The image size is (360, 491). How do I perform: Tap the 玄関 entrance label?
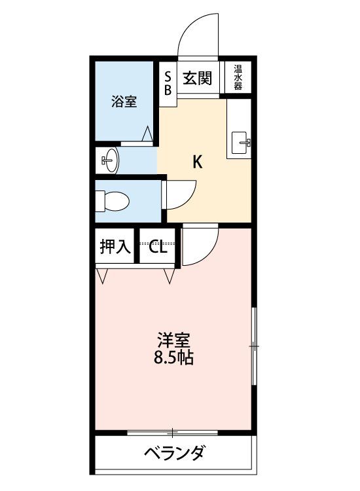tap(198, 78)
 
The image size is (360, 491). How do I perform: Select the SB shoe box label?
tap(168, 83)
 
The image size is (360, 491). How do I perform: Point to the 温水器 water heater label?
tap(238, 77)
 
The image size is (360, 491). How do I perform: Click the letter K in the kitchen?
tap(197, 162)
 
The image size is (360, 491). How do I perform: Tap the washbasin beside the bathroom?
tap(109, 160)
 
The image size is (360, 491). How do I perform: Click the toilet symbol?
tap(112, 201)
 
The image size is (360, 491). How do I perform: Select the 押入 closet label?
tap(115, 246)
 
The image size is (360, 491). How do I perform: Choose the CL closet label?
tap(157, 247)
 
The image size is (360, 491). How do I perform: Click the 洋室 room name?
tap(173, 340)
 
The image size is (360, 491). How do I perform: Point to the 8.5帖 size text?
tap(173, 357)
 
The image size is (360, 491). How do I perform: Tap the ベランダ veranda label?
tap(175, 452)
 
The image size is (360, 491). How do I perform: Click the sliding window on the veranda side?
tap(173, 433)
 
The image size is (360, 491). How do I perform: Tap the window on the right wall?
tap(254, 346)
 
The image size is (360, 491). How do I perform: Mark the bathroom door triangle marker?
tap(147, 134)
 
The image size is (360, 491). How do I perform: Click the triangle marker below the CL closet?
tap(170, 276)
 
